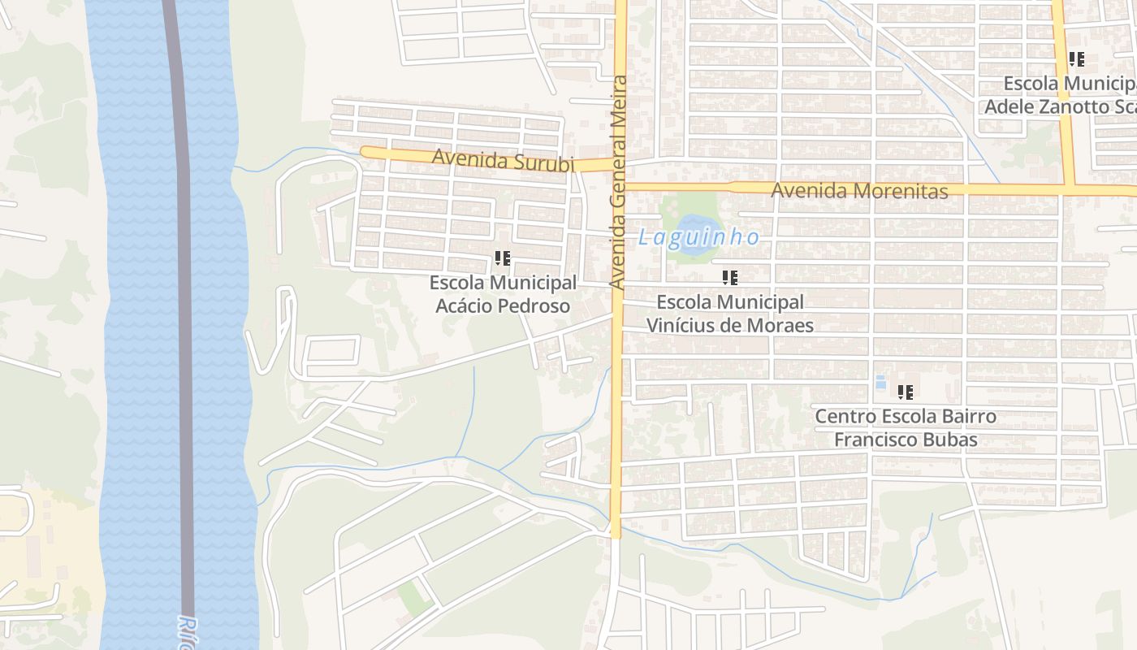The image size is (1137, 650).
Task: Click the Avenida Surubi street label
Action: [x=503, y=159]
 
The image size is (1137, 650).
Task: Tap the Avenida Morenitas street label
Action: [x=859, y=191]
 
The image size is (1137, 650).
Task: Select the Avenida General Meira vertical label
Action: [x=620, y=182]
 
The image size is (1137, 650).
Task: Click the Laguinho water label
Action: [x=698, y=237]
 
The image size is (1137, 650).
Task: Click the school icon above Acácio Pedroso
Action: [x=503, y=258]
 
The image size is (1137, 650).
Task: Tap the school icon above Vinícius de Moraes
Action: [x=730, y=278]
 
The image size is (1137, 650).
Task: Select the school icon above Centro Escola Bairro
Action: [x=906, y=392]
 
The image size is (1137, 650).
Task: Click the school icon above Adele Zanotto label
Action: [x=1077, y=59]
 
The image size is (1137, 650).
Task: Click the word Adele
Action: [x=1008, y=106]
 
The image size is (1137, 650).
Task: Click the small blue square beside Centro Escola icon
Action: [x=880, y=382]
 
